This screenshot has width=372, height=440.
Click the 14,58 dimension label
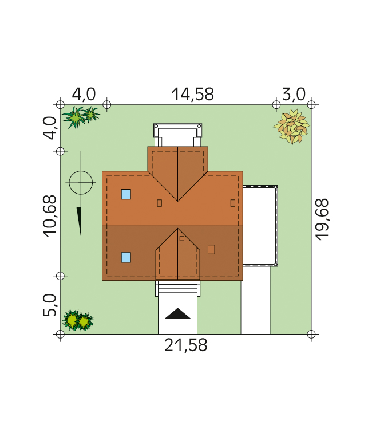193,95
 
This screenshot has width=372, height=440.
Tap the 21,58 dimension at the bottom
185,345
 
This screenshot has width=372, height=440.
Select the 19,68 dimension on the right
322,219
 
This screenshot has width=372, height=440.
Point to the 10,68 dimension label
50,216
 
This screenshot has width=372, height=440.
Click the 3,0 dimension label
294,94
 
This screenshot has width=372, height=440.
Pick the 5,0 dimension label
50,305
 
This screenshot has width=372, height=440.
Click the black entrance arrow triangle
177,314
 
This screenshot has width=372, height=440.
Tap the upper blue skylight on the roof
126,194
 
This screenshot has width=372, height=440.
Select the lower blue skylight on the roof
126,257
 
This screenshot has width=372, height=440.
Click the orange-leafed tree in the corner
292,127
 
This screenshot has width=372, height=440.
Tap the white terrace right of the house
259,226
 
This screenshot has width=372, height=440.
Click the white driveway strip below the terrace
255,300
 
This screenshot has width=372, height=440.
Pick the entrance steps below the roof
178,288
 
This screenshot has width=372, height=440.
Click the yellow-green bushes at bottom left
77,320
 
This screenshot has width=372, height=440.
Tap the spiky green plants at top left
81,117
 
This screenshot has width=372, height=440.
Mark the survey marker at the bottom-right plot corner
311,334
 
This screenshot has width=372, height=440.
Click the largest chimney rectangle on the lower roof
211,249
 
